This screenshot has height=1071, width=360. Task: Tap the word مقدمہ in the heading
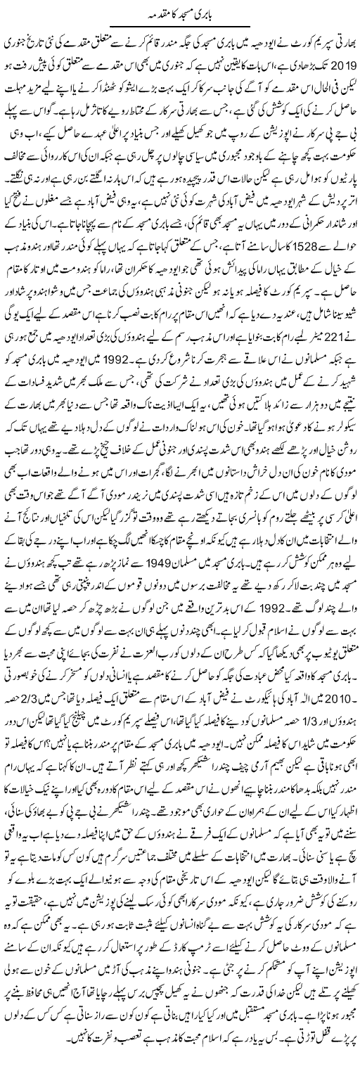(157, 13)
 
